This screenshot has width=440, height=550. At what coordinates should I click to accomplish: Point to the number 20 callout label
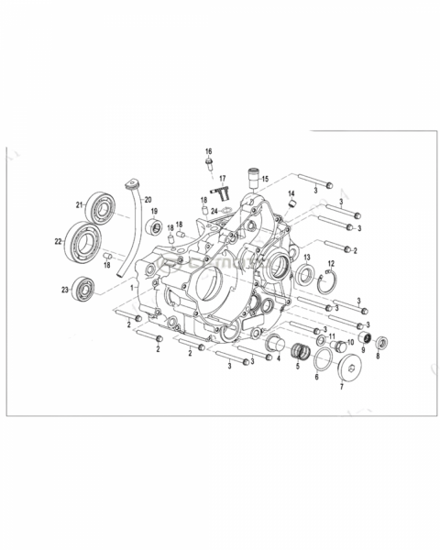[x=148, y=200]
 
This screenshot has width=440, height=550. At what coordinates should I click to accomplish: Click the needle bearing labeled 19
[x=155, y=227]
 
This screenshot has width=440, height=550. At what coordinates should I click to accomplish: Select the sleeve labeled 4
[x=273, y=345]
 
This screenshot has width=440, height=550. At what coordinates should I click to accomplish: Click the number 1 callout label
[x=132, y=287]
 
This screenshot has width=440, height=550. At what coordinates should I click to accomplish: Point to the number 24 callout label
[x=214, y=211]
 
